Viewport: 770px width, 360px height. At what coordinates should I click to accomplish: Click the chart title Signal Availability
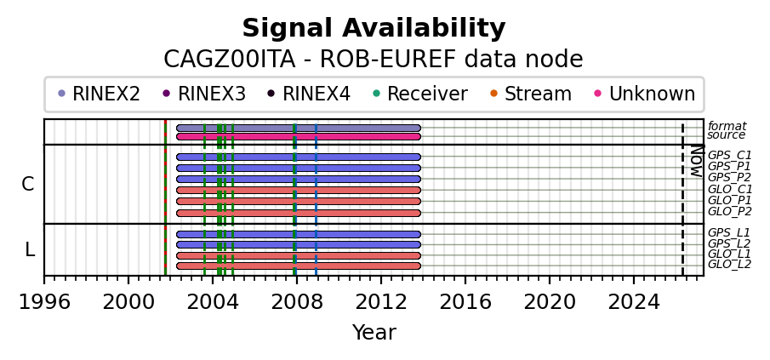pos(374,29)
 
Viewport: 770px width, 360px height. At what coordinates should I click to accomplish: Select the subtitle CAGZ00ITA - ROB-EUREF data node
pos(374,60)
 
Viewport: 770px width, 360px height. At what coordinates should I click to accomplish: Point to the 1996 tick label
pos(44,301)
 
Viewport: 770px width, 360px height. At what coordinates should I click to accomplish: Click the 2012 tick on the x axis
pos(381,301)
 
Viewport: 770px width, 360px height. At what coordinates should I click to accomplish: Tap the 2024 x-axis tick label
pos(634,301)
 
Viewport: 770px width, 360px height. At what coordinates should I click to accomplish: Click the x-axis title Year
pos(374,333)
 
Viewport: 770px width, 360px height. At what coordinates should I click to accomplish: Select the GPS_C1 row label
pos(729,156)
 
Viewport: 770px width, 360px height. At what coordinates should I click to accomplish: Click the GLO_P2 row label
pos(729,212)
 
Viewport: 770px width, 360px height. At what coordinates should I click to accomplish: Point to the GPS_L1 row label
pos(728,233)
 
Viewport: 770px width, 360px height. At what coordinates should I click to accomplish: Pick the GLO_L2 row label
pos(729,265)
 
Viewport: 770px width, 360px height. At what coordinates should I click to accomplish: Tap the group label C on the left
pos(28,185)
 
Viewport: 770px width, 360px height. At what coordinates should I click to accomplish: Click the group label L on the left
pos(30,250)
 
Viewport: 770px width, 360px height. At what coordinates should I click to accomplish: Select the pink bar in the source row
pos(298,136)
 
